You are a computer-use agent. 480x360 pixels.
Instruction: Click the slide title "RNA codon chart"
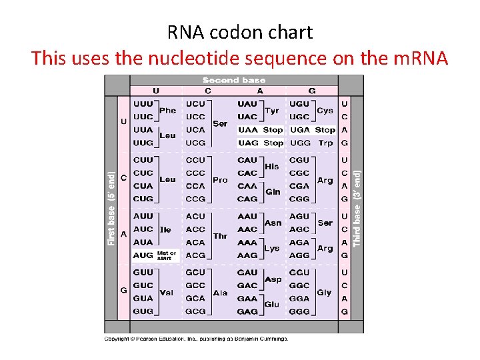click(239, 31)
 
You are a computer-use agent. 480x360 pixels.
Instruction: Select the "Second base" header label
click(233, 80)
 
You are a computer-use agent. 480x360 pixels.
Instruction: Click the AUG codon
click(143, 255)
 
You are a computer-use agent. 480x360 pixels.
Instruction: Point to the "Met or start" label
click(167, 255)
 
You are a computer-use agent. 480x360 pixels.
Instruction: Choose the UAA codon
click(247, 130)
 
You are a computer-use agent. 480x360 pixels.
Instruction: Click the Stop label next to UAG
click(273, 143)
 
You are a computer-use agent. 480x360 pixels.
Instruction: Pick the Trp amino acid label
click(325, 143)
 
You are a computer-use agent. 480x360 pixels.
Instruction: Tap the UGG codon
click(299, 143)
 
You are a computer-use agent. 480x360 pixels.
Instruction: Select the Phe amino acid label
click(168, 111)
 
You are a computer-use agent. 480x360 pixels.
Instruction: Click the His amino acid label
click(272, 167)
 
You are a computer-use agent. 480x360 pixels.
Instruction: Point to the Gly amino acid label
click(324, 292)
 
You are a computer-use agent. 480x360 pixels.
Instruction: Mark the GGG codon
click(299, 311)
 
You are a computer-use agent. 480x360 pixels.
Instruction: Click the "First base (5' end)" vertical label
click(111, 207)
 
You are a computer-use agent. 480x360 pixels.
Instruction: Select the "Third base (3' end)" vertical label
click(357, 207)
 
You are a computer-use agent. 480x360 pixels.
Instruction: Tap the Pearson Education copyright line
click(196, 339)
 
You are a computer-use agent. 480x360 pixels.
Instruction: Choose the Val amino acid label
click(167, 292)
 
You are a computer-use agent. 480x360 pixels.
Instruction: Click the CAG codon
click(247, 199)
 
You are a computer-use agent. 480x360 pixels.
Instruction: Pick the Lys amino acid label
click(271, 248)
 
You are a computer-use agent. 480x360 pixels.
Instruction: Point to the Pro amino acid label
click(220, 180)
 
